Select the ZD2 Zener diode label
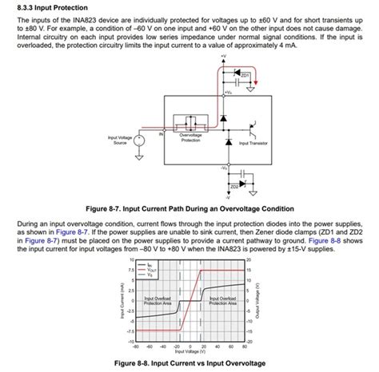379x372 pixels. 234,185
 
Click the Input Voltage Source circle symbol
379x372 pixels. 138,141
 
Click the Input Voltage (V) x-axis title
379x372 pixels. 189,350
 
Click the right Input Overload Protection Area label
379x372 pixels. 221,301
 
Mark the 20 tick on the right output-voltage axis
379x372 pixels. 249,260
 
